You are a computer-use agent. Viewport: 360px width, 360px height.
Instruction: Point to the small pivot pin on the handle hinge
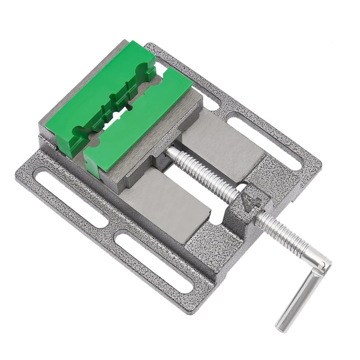(x=324, y=263)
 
